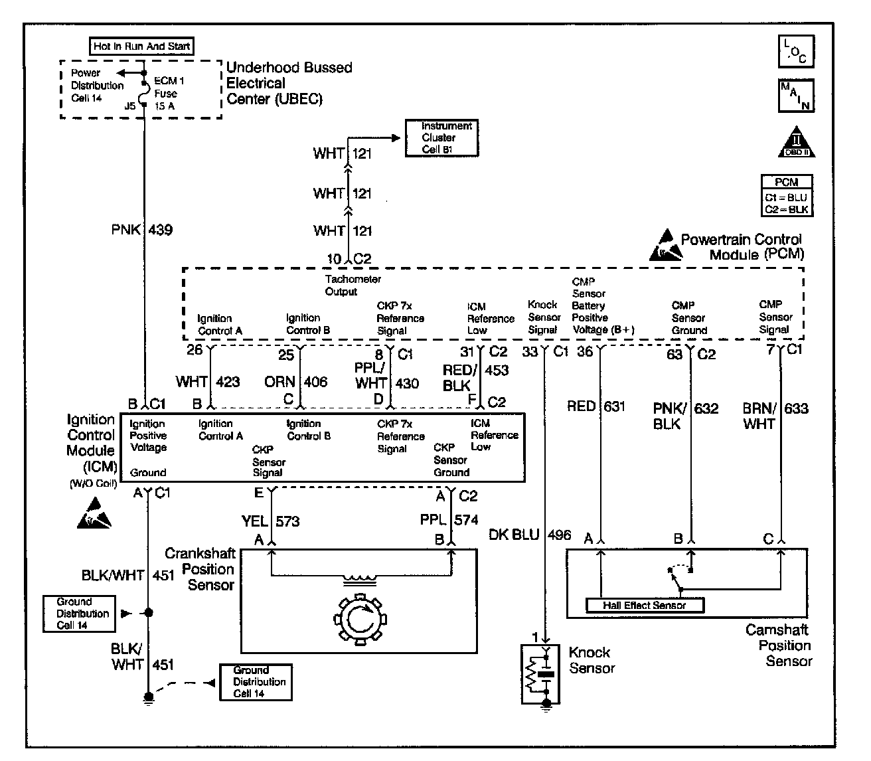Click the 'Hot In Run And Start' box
141,46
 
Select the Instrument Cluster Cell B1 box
441,138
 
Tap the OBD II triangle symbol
796,142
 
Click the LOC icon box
796,52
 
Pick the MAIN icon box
796,96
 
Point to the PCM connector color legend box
787,195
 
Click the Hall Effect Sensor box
645,605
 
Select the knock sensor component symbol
540,674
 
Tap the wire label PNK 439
142,230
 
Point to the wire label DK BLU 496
530,535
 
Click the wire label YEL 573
270,521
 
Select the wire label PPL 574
449,520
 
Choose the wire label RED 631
596,406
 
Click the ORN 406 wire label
296,382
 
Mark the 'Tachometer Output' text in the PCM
353,286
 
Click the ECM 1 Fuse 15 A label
169,93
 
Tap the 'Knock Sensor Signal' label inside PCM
544,317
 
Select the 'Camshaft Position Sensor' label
779,645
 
